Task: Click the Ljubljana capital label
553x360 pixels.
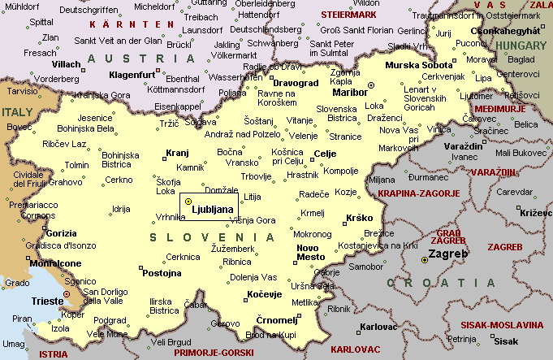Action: [212, 209]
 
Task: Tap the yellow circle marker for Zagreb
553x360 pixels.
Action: [424, 260]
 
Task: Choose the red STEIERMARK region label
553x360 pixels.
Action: [349, 15]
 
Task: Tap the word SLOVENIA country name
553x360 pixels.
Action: [213, 236]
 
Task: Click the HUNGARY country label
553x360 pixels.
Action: [522, 46]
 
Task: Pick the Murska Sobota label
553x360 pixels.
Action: [420, 64]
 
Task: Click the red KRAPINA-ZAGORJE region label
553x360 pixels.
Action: [418, 193]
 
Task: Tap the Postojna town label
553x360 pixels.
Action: [162, 273]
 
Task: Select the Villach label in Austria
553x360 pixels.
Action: [66, 63]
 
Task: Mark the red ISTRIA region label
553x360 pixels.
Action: [54, 354]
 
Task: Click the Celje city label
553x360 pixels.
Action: [325, 154]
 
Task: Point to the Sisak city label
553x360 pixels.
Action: [506, 341]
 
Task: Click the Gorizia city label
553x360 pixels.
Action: [62, 233]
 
